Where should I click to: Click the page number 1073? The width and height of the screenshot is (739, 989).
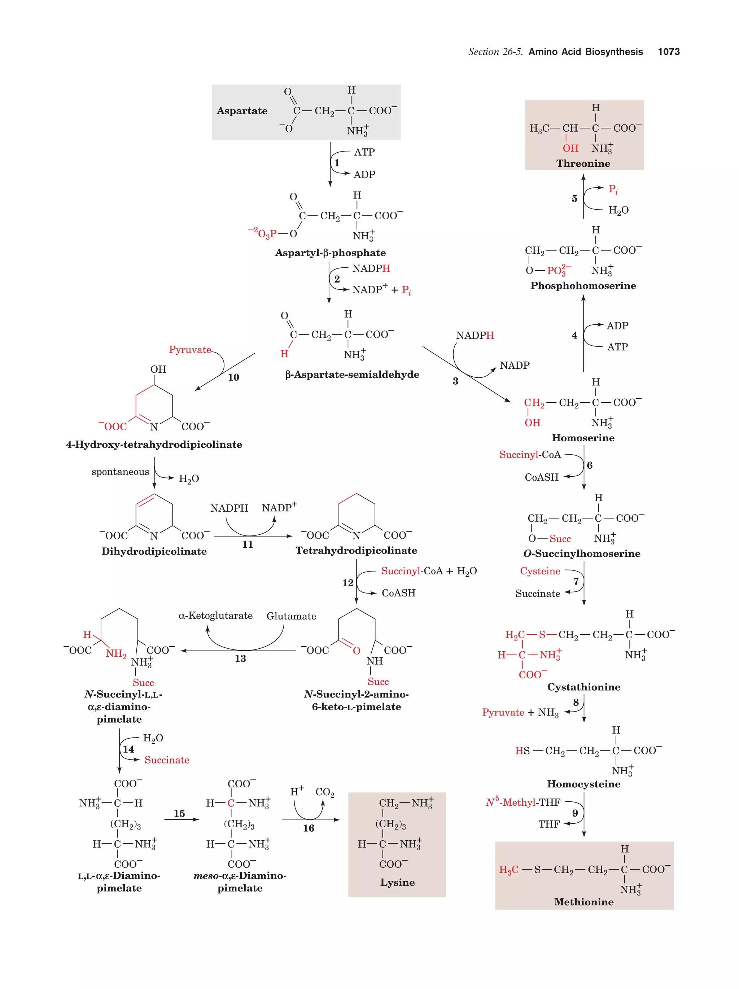point(668,52)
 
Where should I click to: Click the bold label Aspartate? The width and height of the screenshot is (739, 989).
point(242,111)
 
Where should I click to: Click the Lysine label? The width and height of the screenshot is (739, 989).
point(397,883)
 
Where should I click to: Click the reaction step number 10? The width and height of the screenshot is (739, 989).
point(233,377)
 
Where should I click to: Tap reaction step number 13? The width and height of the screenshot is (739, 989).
point(240,658)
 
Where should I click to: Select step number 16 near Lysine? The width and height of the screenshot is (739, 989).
point(309,828)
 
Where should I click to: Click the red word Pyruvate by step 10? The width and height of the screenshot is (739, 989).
point(189,350)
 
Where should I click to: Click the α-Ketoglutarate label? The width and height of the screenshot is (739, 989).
point(215,616)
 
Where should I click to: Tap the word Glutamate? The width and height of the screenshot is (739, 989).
point(291,616)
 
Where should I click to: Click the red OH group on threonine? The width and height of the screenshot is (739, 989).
point(570,148)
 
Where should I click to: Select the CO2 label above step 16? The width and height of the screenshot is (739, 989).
point(324,792)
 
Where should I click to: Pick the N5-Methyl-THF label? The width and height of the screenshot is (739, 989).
point(522,802)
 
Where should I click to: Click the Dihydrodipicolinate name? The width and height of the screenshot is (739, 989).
point(154,551)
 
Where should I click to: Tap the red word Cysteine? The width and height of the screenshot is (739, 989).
point(539,571)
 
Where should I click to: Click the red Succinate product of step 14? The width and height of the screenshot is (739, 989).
point(167,760)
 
